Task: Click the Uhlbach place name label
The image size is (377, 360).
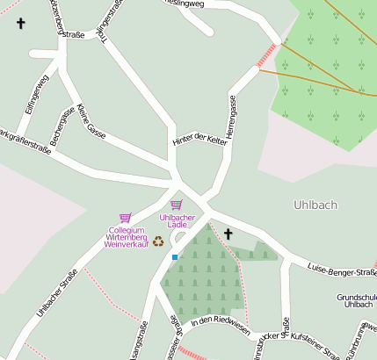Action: click(x=314, y=205)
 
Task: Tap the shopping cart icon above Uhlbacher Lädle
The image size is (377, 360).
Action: click(x=176, y=205)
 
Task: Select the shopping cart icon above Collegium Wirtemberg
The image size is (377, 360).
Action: click(x=125, y=218)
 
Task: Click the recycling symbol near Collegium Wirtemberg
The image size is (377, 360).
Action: click(x=158, y=241)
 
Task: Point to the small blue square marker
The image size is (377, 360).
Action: click(x=175, y=256)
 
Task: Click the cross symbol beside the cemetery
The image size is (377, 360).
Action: click(x=228, y=234)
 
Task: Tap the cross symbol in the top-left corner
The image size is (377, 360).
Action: click(x=21, y=24)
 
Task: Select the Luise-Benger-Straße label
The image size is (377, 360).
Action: click(x=343, y=267)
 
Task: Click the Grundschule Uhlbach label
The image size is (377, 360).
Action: click(x=356, y=300)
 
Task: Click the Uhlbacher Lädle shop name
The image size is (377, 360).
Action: click(x=177, y=220)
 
